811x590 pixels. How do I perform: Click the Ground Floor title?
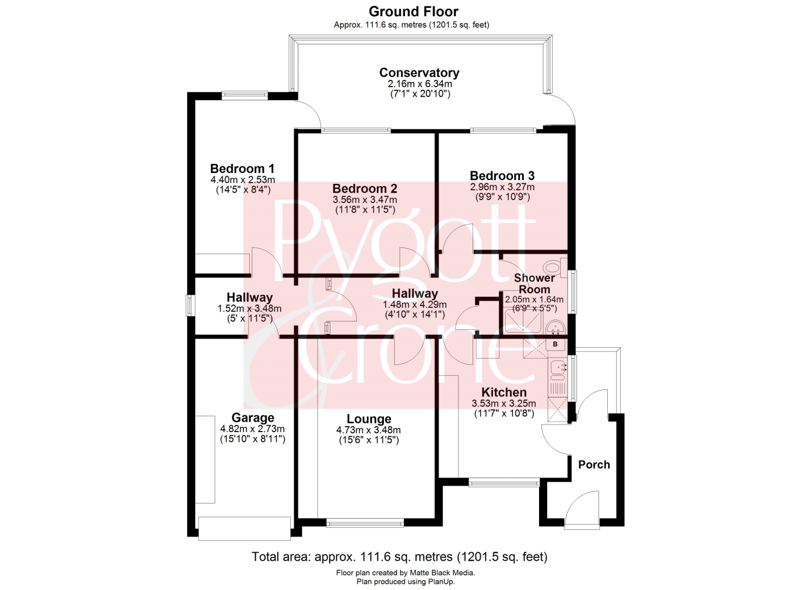[414, 11]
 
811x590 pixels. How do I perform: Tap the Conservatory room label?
[419, 72]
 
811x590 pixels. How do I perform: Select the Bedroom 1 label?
[242, 168]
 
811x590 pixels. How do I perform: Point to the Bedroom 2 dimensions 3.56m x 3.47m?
[365, 200]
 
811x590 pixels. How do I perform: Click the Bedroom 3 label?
[502, 176]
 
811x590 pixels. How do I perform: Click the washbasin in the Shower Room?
[555, 327]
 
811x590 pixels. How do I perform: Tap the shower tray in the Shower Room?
[523, 321]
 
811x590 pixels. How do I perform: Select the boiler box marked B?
[555, 344]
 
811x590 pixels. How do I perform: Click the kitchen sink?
[558, 368]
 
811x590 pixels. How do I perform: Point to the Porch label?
[594, 465]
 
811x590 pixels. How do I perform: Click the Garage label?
[252, 417]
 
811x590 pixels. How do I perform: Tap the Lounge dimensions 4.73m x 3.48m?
[369, 430]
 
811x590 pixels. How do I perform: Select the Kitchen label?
[504, 392]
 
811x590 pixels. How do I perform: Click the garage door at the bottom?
[245, 529]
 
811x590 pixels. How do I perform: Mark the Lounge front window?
[365, 522]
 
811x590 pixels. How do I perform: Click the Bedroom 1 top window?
[245, 95]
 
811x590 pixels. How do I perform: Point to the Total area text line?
[400, 556]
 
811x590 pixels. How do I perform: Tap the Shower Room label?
[534, 283]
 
